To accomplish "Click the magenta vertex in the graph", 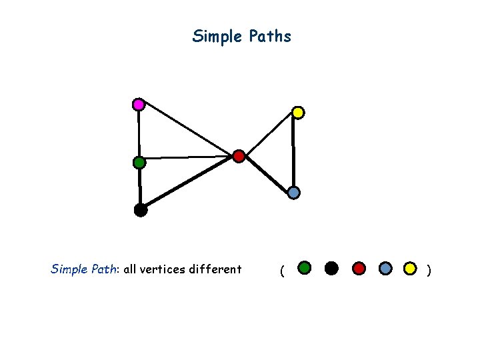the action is click(x=138, y=104).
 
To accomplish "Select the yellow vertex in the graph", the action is click(x=298, y=113).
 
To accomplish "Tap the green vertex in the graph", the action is click(x=139, y=162).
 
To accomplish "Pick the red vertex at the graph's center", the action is click(x=239, y=157).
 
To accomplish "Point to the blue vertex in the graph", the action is click(x=293, y=193).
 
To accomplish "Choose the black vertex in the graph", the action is click(x=140, y=210).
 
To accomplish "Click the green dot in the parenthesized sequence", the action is click(x=304, y=268).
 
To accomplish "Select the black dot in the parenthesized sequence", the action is click(x=331, y=268).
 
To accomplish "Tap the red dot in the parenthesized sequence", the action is click(x=359, y=268).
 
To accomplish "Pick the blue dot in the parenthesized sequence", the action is click(x=385, y=268).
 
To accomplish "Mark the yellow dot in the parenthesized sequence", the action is click(x=411, y=268).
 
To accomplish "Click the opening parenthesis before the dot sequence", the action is click(x=283, y=271).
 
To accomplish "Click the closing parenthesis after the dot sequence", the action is click(x=429, y=270).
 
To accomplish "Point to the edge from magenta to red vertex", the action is click(x=188, y=130).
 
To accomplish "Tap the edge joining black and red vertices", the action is click(x=189, y=183).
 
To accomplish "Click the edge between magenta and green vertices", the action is click(x=139, y=133).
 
